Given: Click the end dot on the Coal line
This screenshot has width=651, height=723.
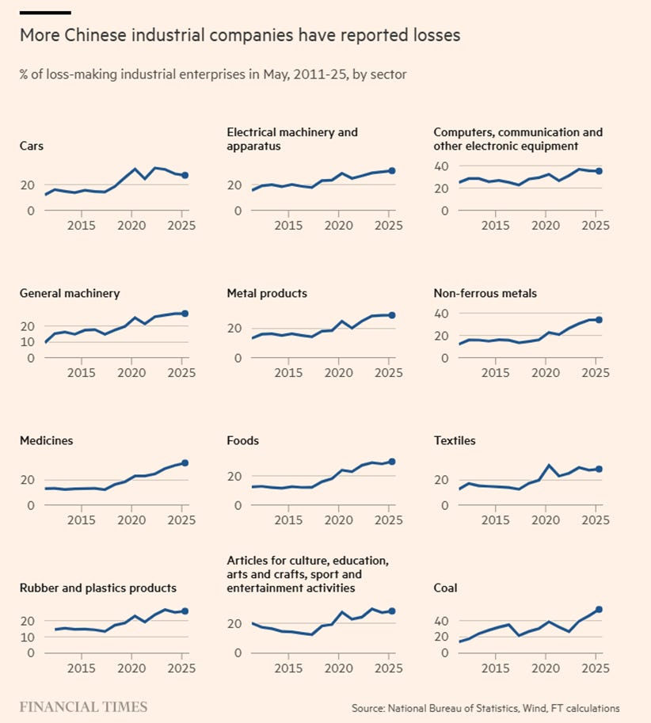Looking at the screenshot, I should point(599,610).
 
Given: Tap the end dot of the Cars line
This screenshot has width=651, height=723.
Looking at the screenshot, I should point(184,176).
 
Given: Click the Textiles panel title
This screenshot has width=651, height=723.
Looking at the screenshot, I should point(455,440).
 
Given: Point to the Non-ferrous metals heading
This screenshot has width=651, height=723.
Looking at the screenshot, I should point(485,293).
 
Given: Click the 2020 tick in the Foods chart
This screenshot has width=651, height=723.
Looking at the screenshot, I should point(339,520).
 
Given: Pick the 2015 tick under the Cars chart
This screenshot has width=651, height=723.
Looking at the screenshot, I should point(82,226).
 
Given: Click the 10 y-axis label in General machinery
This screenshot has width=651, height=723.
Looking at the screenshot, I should point(27,342).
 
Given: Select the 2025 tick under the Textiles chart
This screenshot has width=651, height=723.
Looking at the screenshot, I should point(596,520).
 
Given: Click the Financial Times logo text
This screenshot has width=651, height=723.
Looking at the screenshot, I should point(83,706).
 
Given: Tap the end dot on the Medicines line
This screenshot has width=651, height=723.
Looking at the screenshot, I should point(184,463).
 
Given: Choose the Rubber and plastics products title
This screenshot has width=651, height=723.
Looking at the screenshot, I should point(97,588).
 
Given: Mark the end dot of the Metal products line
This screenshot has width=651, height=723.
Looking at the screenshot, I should point(391,315).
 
